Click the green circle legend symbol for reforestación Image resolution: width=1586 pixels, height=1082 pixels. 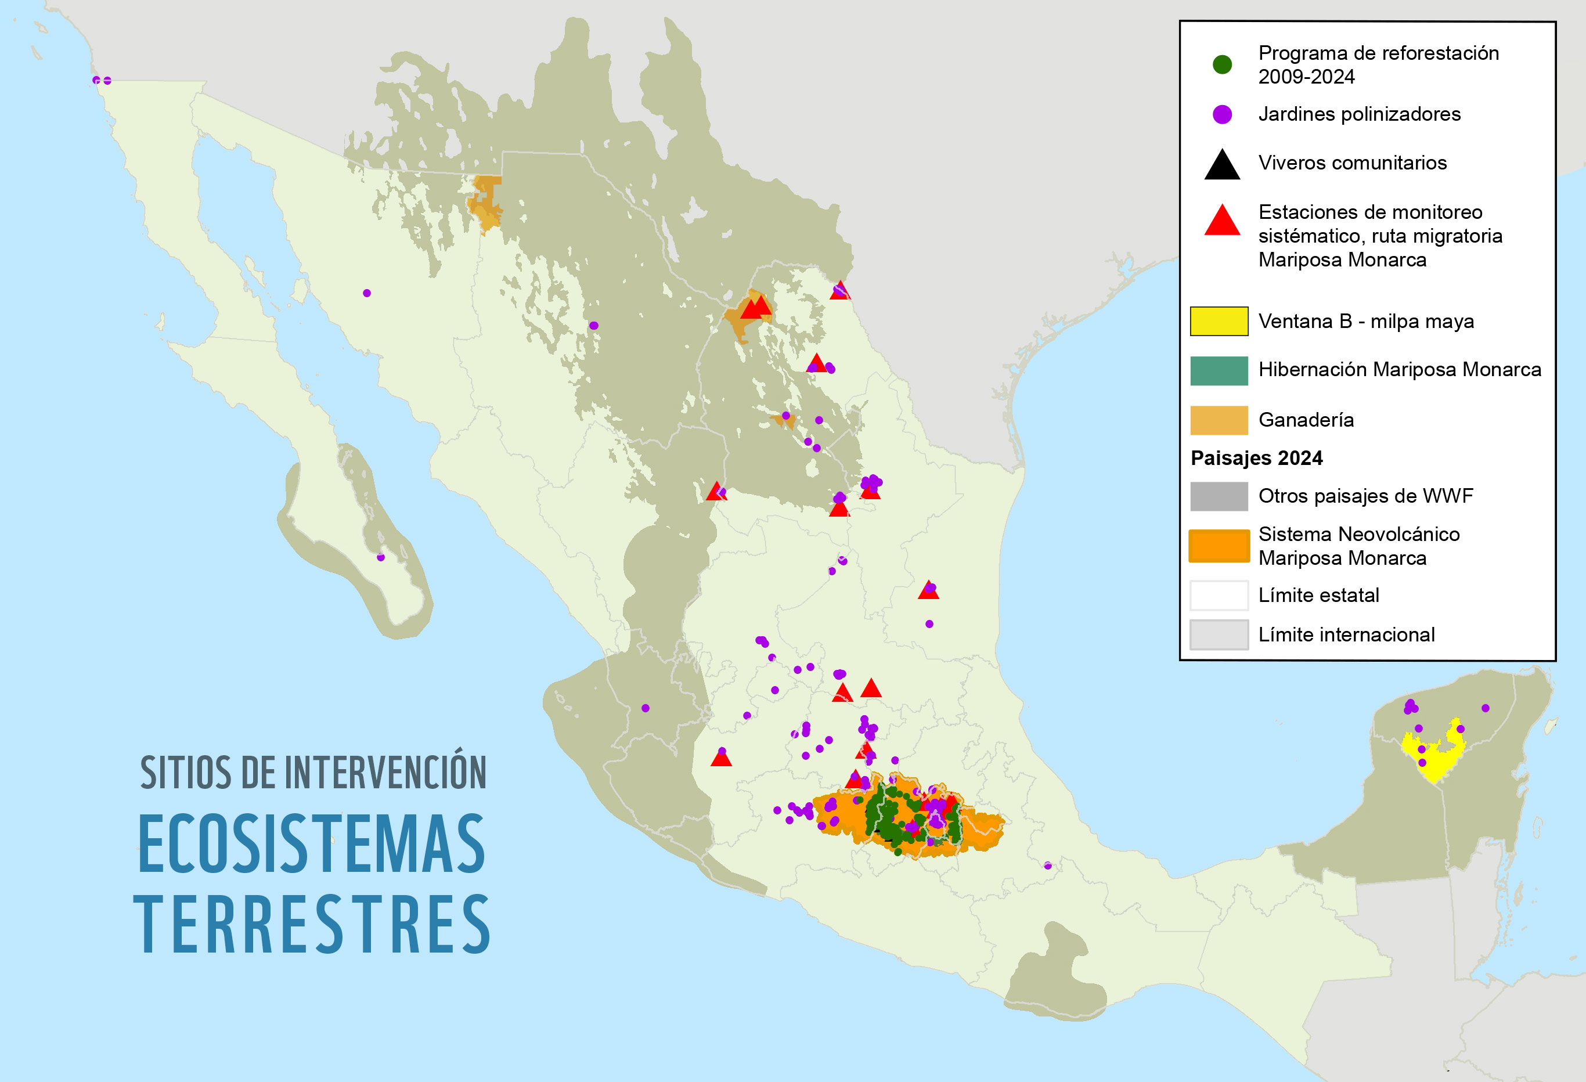pyautogui.click(x=1221, y=65)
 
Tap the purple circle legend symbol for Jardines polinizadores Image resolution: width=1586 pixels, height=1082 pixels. pyautogui.click(x=1221, y=114)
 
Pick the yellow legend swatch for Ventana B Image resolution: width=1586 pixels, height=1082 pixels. pyautogui.click(x=1219, y=322)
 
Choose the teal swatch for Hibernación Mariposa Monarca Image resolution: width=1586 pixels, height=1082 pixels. pyautogui.click(x=1219, y=370)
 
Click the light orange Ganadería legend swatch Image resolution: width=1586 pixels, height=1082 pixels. pyautogui.click(x=1219, y=420)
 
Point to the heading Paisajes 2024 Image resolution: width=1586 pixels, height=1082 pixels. pyautogui.click(x=1256, y=458)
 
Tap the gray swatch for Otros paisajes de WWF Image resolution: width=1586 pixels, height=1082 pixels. pyautogui.click(x=1219, y=496)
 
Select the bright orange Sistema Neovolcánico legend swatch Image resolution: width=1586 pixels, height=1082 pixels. pyautogui.click(x=1219, y=546)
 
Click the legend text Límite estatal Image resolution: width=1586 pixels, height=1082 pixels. pyautogui.click(x=1318, y=596)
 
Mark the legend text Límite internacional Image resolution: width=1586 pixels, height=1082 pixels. pyautogui.click(x=1346, y=635)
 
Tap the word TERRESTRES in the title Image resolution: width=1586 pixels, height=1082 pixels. pyautogui.click(x=312, y=925)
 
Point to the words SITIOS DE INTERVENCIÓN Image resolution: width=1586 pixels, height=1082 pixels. pyautogui.click(x=313, y=773)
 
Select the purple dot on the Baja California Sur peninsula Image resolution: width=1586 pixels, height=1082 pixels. pyautogui.click(x=381, y=557)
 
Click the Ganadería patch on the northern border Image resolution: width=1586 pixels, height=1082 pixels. pyautogui.click(x=485, y=203)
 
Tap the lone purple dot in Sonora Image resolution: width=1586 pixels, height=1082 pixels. pyautogui.click(x=366, y=293)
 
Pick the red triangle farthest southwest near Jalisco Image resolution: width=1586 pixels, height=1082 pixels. pyautogui.click(x=722, y=758)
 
